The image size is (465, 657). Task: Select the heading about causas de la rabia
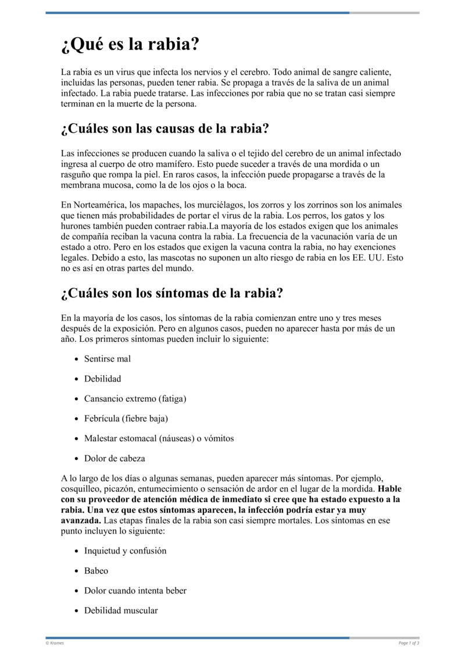[164, 128]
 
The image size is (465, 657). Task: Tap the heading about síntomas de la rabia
[171, 292]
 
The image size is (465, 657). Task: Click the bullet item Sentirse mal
[108, 359]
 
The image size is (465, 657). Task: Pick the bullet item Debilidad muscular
[121, 610]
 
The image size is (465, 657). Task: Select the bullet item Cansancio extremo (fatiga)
[135, 398]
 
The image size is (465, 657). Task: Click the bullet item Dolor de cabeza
[115, 458]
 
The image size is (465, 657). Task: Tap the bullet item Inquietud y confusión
[125, 551]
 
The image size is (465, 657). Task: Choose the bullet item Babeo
[96, 571]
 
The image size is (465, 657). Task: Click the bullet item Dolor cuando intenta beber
[135, 591]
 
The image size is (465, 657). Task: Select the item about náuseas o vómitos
[159, 438]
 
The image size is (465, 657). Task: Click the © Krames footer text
[55, 643]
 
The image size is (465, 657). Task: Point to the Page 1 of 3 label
[409, 643]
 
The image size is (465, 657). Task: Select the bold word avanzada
[80, 520]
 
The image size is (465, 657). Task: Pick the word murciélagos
[220, 205]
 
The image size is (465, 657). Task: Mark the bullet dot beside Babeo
[77, 572]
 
